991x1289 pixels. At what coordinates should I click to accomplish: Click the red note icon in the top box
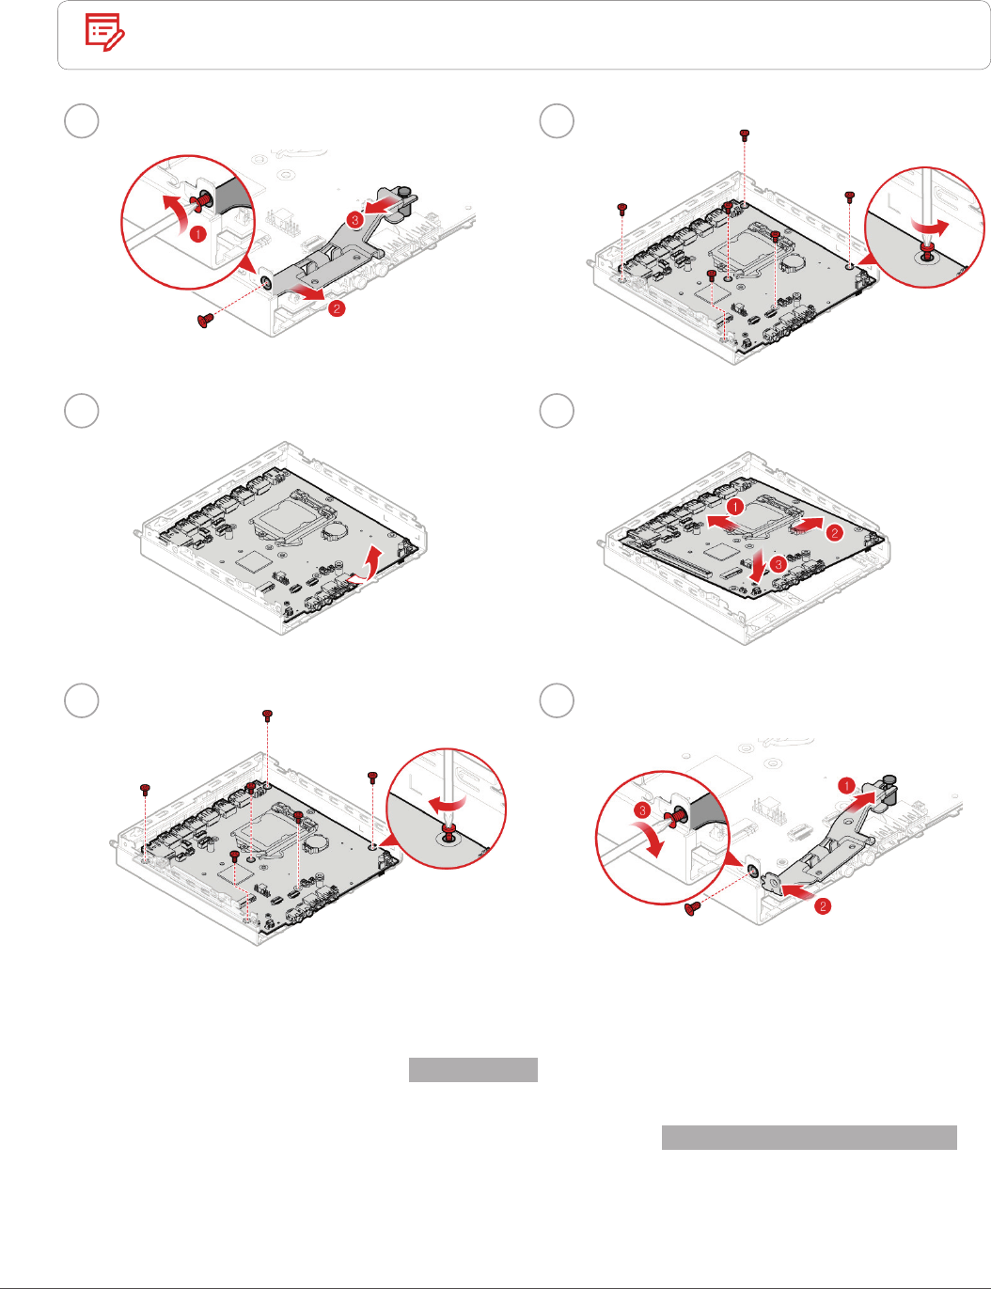pyautogui.click(x=105, y=33)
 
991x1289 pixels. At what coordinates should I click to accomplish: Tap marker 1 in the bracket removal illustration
pyautogui.click(x=197, y=233)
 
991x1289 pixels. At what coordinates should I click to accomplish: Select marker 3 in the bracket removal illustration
pyautogui.click(x=354, y=219)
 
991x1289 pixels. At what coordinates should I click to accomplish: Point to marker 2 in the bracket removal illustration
pyautogui.click(x=337, y=307)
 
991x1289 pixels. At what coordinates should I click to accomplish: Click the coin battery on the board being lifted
pyautogui.click(x=336, y=529)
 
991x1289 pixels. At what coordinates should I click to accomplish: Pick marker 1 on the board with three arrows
pyautogui.click(x=735, y=507)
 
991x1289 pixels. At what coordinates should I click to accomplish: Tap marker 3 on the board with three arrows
pyautogui.click(x=778, y=564)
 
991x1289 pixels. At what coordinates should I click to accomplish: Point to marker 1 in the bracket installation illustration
pyautogui.click(x=846, y=785)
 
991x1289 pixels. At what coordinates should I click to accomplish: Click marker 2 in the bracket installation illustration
pyautogui.click(x=823, y=906)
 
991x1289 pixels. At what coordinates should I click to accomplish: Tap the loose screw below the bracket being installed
pyautogui.click(x=694, y=907)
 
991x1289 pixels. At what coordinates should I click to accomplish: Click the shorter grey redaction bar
pyautogui.click(x=473, y=1070)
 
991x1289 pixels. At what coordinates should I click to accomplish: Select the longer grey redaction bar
pyautogui.click(x=809, y=1138)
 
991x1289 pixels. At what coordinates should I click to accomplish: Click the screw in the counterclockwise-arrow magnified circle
pyautogui.click(x=927, y=251)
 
